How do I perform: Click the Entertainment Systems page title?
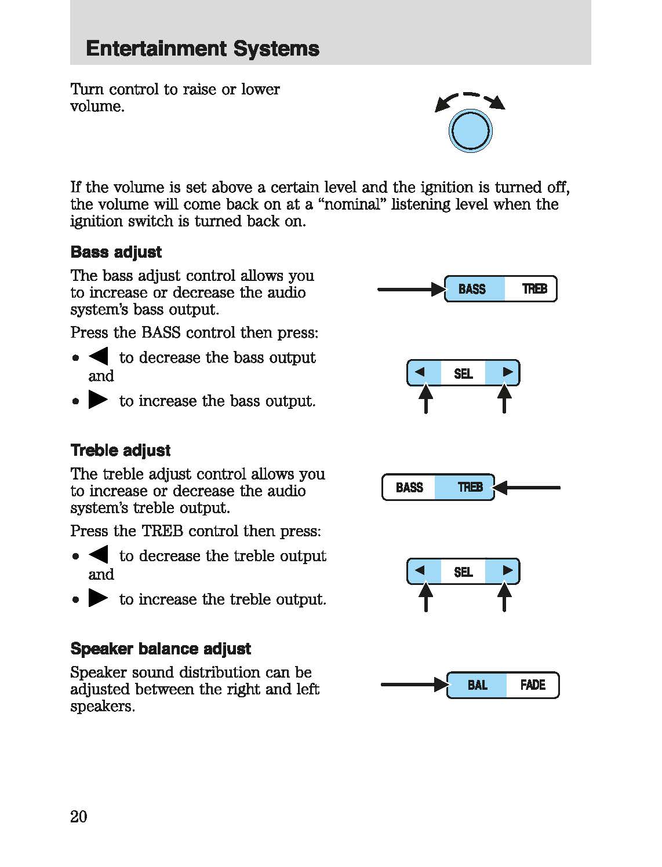pyautogui.click(x=202, y=49)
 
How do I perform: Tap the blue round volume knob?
pyautogui.click(x=470, y=131)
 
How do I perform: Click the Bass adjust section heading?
pyautogui.click(x=116, y=252)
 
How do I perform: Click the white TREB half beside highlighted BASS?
pyautogui.click(x=533, y=289)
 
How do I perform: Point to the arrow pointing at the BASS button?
pyautogui.click(x=409, y=289)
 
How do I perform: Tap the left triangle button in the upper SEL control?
pyautogui.click(x=422, y=372)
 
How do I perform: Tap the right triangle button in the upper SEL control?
pyautogui.click(x=505, y=372)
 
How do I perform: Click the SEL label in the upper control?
pyautogui.click(x=463, y=374)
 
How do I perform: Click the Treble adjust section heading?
pyautogui.click(x=121, y=451)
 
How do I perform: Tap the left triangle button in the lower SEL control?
pyautogui.click(x=422, y=571)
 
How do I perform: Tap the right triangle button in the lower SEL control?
pyautogui.click(x=505, y=571)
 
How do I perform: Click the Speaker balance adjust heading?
pyautogui.click(x=161, y=649)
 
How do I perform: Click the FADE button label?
pyautogui.click(x=533, y=685)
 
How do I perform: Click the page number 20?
pyautogui.click(x=79, y=817)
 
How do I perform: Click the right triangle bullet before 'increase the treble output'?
pyautogui.click(x=98, y=598)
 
